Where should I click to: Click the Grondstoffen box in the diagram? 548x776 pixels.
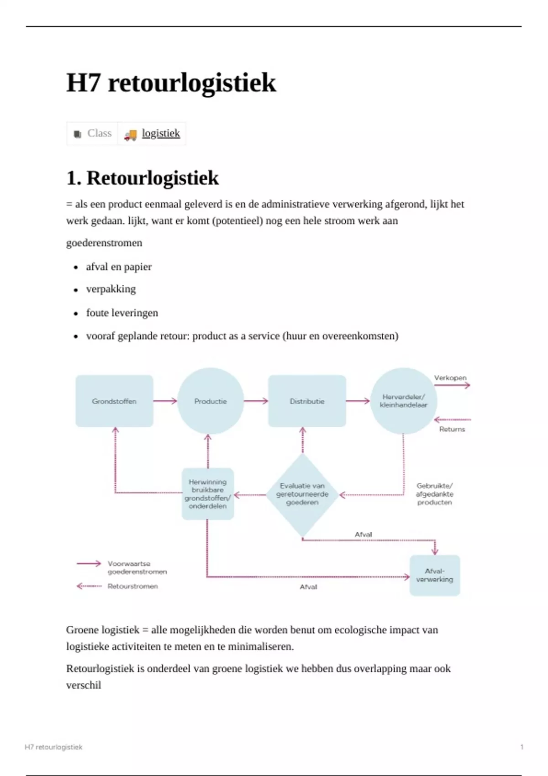[x=114, y=401]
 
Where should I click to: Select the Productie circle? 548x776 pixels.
[x=211, y=401]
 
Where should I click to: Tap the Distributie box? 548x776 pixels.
[x=307, y=401]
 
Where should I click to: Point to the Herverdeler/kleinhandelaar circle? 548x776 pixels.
[x=403, y=401]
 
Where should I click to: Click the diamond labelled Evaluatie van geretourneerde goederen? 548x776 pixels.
[x=302, y=494]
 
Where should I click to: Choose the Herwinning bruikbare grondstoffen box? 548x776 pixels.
[x=208, y=494]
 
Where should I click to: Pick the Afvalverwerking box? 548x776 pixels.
[x=434, y=575]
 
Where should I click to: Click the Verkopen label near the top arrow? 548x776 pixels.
[x=450, y=378]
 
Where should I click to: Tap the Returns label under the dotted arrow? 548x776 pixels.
[x=452, y=429]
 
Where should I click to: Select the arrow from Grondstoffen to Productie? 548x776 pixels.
[x=165, y=401]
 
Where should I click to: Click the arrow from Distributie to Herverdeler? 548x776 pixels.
[x=358, y=401]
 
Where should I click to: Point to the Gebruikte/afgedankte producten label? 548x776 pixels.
[x=434, y=494]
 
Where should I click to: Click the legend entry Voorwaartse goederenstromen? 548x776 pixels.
[x=137, y=567]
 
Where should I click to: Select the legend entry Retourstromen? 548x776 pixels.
[x=132, y=586]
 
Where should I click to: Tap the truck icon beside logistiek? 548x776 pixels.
[x=130, y=134]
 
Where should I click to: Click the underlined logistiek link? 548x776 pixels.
[x=161, y=133]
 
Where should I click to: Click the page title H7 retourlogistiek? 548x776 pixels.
[x=171, y=83]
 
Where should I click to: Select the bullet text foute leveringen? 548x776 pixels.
[x=122, y=313]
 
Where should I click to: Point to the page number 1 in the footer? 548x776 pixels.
[x=522, y=747]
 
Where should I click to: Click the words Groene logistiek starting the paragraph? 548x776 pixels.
[x=103, y=630]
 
